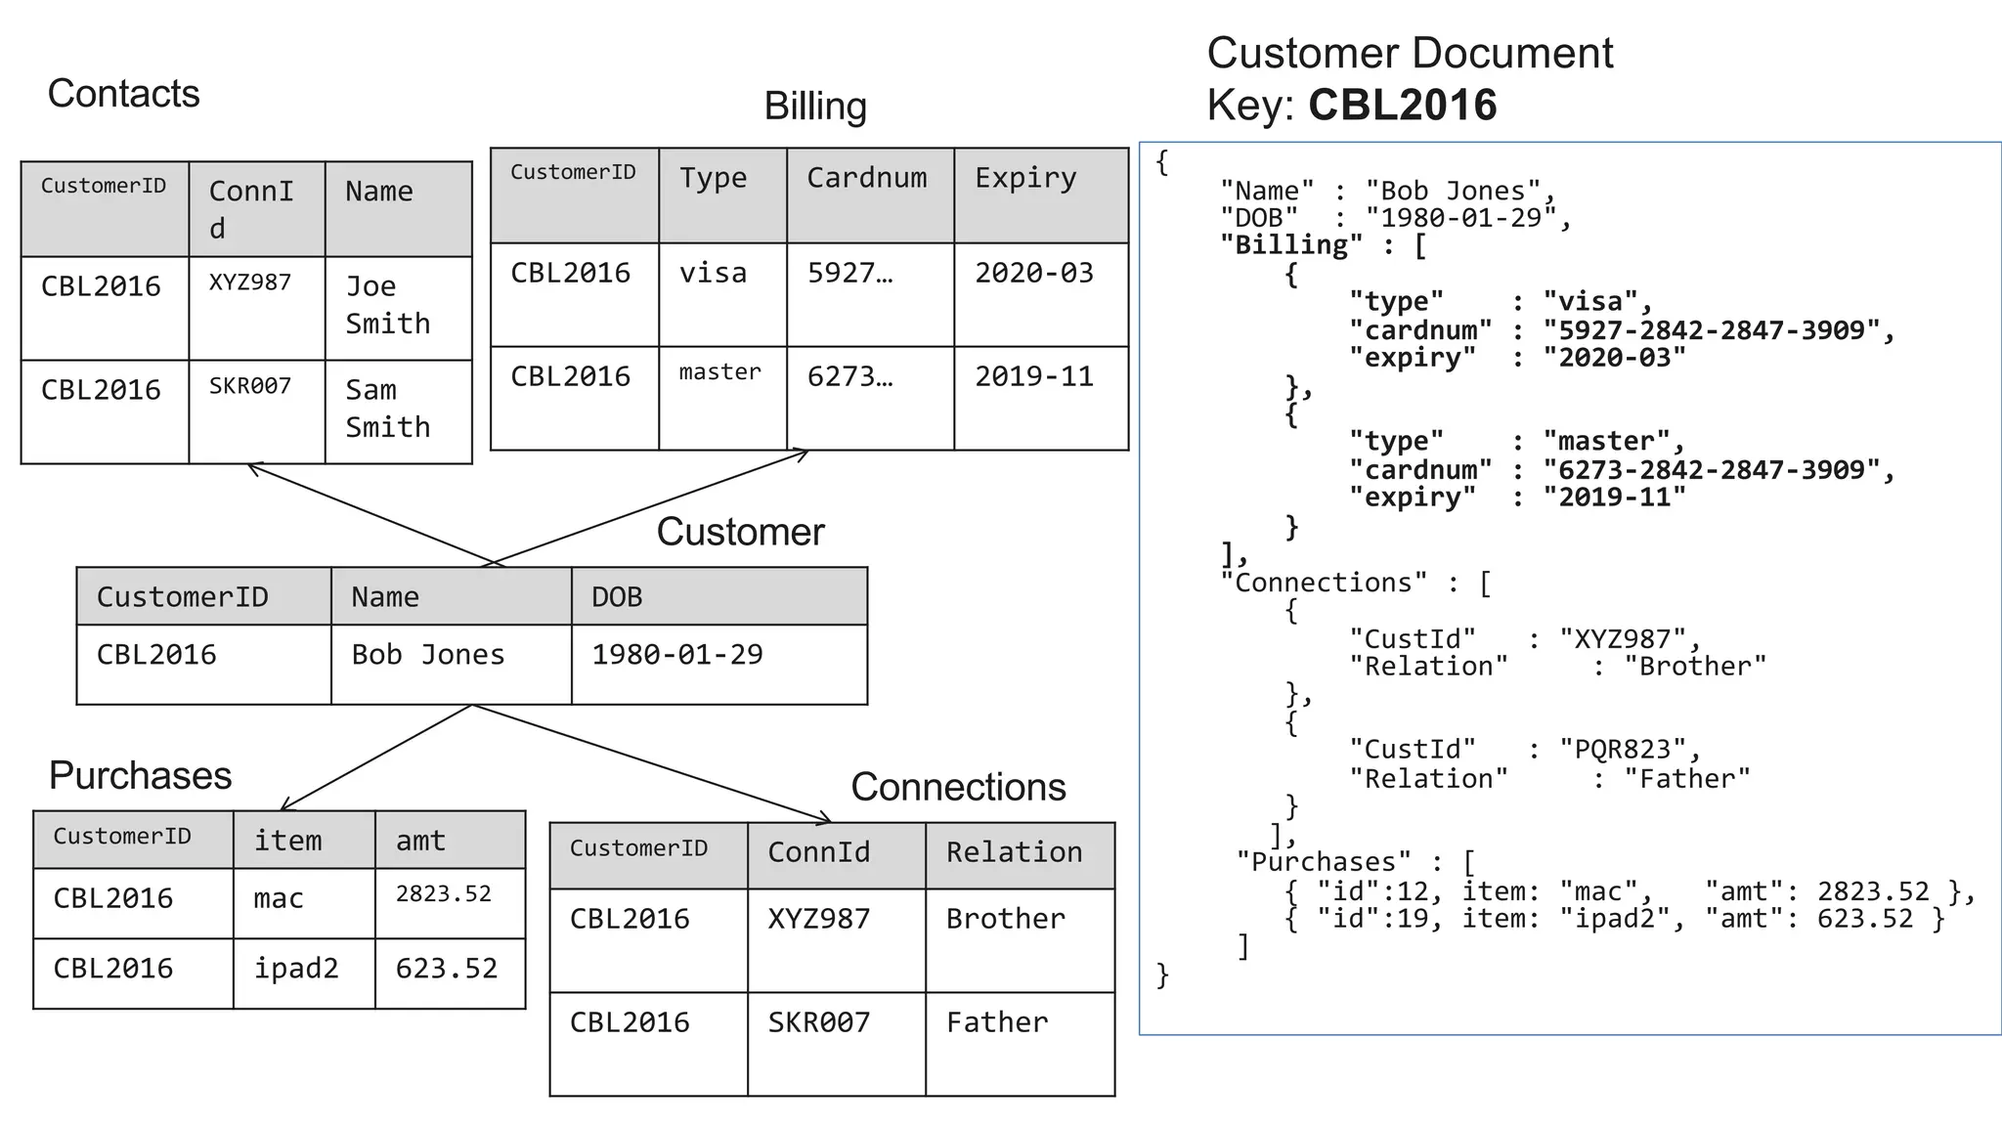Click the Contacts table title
(123, 94)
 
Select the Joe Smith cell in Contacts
(387, 305)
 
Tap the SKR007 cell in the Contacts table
(250, 386)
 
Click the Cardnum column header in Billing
(866, 178)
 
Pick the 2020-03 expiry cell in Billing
(1033, 273)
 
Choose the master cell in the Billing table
(719, 372)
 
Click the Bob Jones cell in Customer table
(428, 655)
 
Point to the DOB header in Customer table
(617, 597)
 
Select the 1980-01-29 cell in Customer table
(676, 655)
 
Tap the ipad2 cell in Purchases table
(296, 969)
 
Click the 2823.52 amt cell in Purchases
(443, 894)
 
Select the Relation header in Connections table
(1014, 852)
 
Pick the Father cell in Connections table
(996, 1022)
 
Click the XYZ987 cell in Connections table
(818, 919)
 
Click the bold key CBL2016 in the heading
(1402, 105)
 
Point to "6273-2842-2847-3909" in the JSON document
(1711, 470)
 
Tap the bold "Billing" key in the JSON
(1290, 245)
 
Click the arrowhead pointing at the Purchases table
(284, 806)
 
